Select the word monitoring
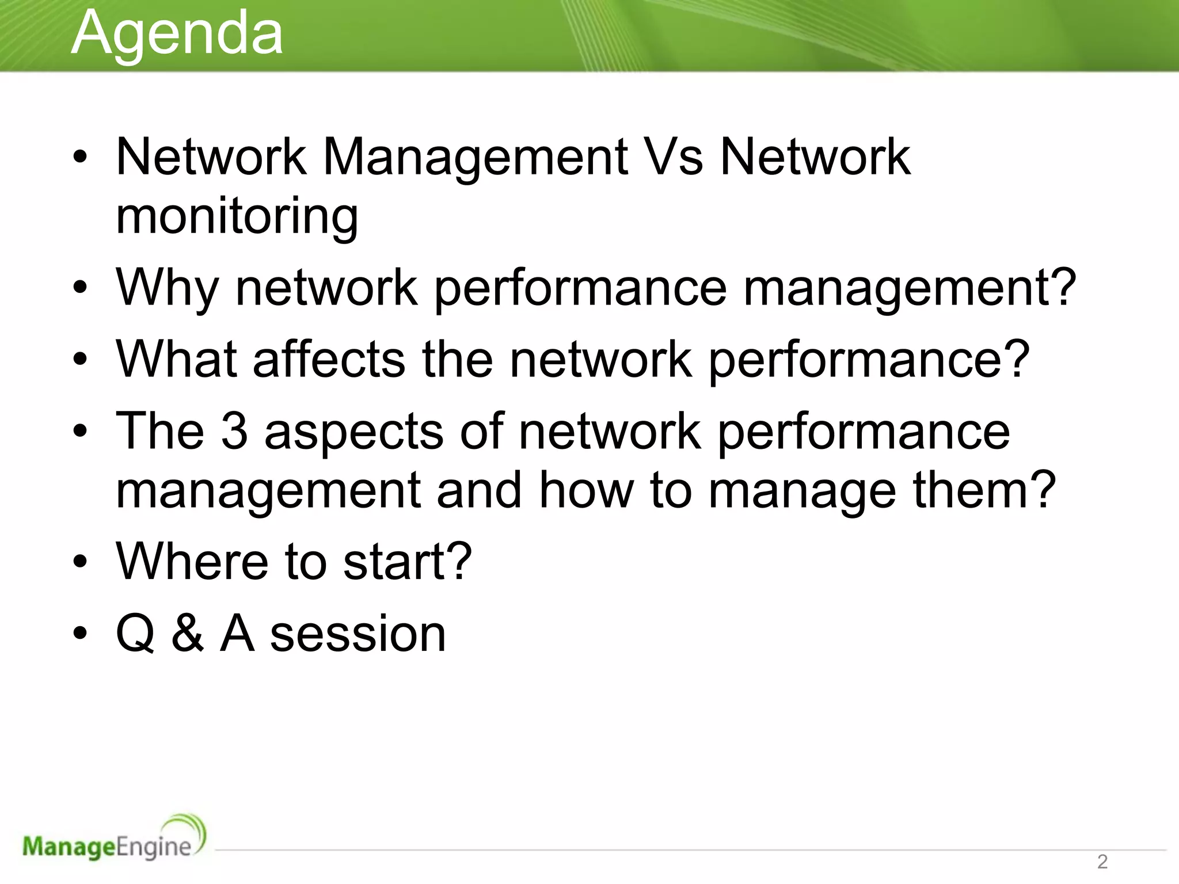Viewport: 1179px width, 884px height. pos(237,216)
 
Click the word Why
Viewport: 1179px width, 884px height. pos(168,288)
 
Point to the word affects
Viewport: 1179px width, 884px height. pos(329,359)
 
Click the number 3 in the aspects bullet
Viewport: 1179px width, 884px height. pos(234,431)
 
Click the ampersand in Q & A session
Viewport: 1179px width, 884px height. pos(188,633)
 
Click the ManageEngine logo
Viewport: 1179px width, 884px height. pos(114,839)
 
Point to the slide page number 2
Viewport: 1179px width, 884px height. pos(1102,862)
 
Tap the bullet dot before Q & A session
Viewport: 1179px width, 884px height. pos(80,633)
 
